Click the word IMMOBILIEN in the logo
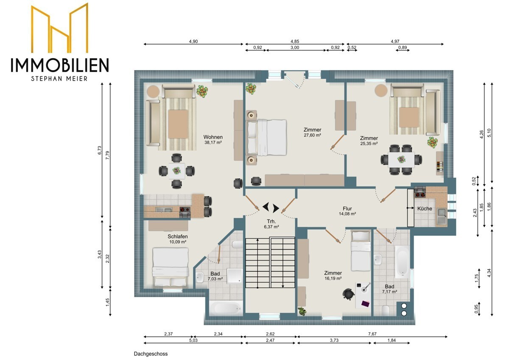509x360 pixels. (60, 65)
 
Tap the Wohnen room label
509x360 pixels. (213, 137)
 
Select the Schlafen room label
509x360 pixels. (178, 236)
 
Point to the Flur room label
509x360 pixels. (347, 208)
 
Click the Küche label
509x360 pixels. (425, 208)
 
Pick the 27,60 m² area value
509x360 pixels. (313, 135)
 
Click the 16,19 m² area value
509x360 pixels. (333, 278)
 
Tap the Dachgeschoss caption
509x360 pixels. (151, 354)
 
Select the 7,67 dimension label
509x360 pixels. (372, 334)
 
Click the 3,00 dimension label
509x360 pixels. (295, 48)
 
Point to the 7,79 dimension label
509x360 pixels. (108, 155)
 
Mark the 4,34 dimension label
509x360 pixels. (489, 273)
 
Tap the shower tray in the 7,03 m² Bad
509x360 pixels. (235, 276)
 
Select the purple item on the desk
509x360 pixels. (365, 304)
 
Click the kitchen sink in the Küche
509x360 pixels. (442, 217)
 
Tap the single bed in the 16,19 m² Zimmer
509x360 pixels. (361, 251)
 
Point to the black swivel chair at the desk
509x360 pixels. (348, 294)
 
